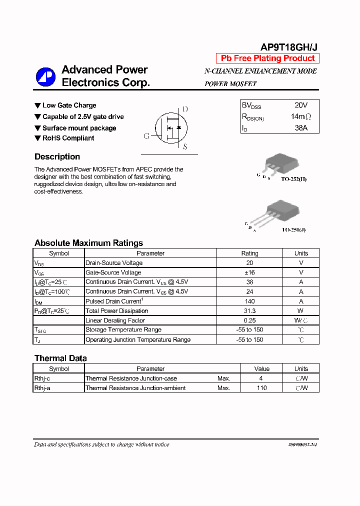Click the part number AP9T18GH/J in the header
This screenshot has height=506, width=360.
(288, 47)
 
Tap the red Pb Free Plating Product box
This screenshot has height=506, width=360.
(267, 58)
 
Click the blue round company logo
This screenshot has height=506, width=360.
(45, 76)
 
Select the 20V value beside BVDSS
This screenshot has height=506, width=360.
(301, 105)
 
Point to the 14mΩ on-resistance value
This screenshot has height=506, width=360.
(301, 116)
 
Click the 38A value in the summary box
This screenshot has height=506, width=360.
(301, 128)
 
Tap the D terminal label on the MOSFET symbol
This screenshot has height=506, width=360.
(185, 109)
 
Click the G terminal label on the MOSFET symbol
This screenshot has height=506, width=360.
(146, 136)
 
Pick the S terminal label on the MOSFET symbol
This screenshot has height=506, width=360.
(185, 147)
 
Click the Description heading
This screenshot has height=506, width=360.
(57, 156)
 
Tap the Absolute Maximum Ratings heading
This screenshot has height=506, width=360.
(88, 243)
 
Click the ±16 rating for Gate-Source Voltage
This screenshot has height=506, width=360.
(250, 272)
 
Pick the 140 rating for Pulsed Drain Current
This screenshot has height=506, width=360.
(250, 301)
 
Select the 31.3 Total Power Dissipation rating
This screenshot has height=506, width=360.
(250, 311)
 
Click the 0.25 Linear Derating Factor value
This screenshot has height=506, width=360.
(250, 320)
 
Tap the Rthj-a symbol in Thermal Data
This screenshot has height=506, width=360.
(42, 388)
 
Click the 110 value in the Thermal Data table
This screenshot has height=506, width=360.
(262, 388)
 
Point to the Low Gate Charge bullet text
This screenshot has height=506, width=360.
(69, 105)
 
